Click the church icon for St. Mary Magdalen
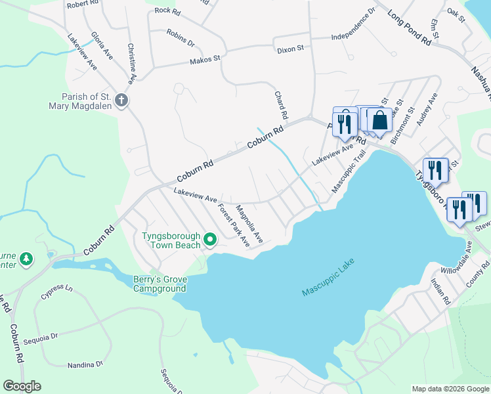click(x=121, y=100)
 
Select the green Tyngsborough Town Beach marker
click(x=210, y=240)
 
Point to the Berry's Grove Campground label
click(x=160, y=284)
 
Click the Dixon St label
click(x=290, y=49)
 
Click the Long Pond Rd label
click(x=408, y=28)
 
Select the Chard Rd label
click(x=281, y=105)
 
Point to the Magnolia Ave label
click(x=249, y=224)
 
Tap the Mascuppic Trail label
click(x=348, y=171)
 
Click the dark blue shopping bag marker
click(x=379, y=121)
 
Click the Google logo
click(x=22, y=386)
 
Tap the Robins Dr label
click(x=181, y=37)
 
